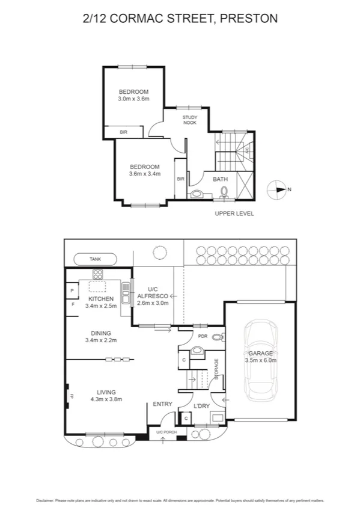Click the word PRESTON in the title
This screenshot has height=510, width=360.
point(249,19)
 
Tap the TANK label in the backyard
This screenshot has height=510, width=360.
point(96,259)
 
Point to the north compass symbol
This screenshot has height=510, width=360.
point(279,189)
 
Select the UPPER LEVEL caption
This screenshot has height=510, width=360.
point(234,214)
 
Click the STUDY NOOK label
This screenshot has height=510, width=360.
point(190,120)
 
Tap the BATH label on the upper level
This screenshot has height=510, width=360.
point(220,179)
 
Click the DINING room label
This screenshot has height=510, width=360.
point(100,333)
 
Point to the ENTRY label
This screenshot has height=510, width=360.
point(163,404)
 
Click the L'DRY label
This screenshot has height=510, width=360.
point(202,406)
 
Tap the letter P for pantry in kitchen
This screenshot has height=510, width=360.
point(72,291)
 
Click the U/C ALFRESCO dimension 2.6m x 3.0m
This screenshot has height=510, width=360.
point(153,303)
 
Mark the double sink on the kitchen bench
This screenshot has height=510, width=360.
point(125,295)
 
